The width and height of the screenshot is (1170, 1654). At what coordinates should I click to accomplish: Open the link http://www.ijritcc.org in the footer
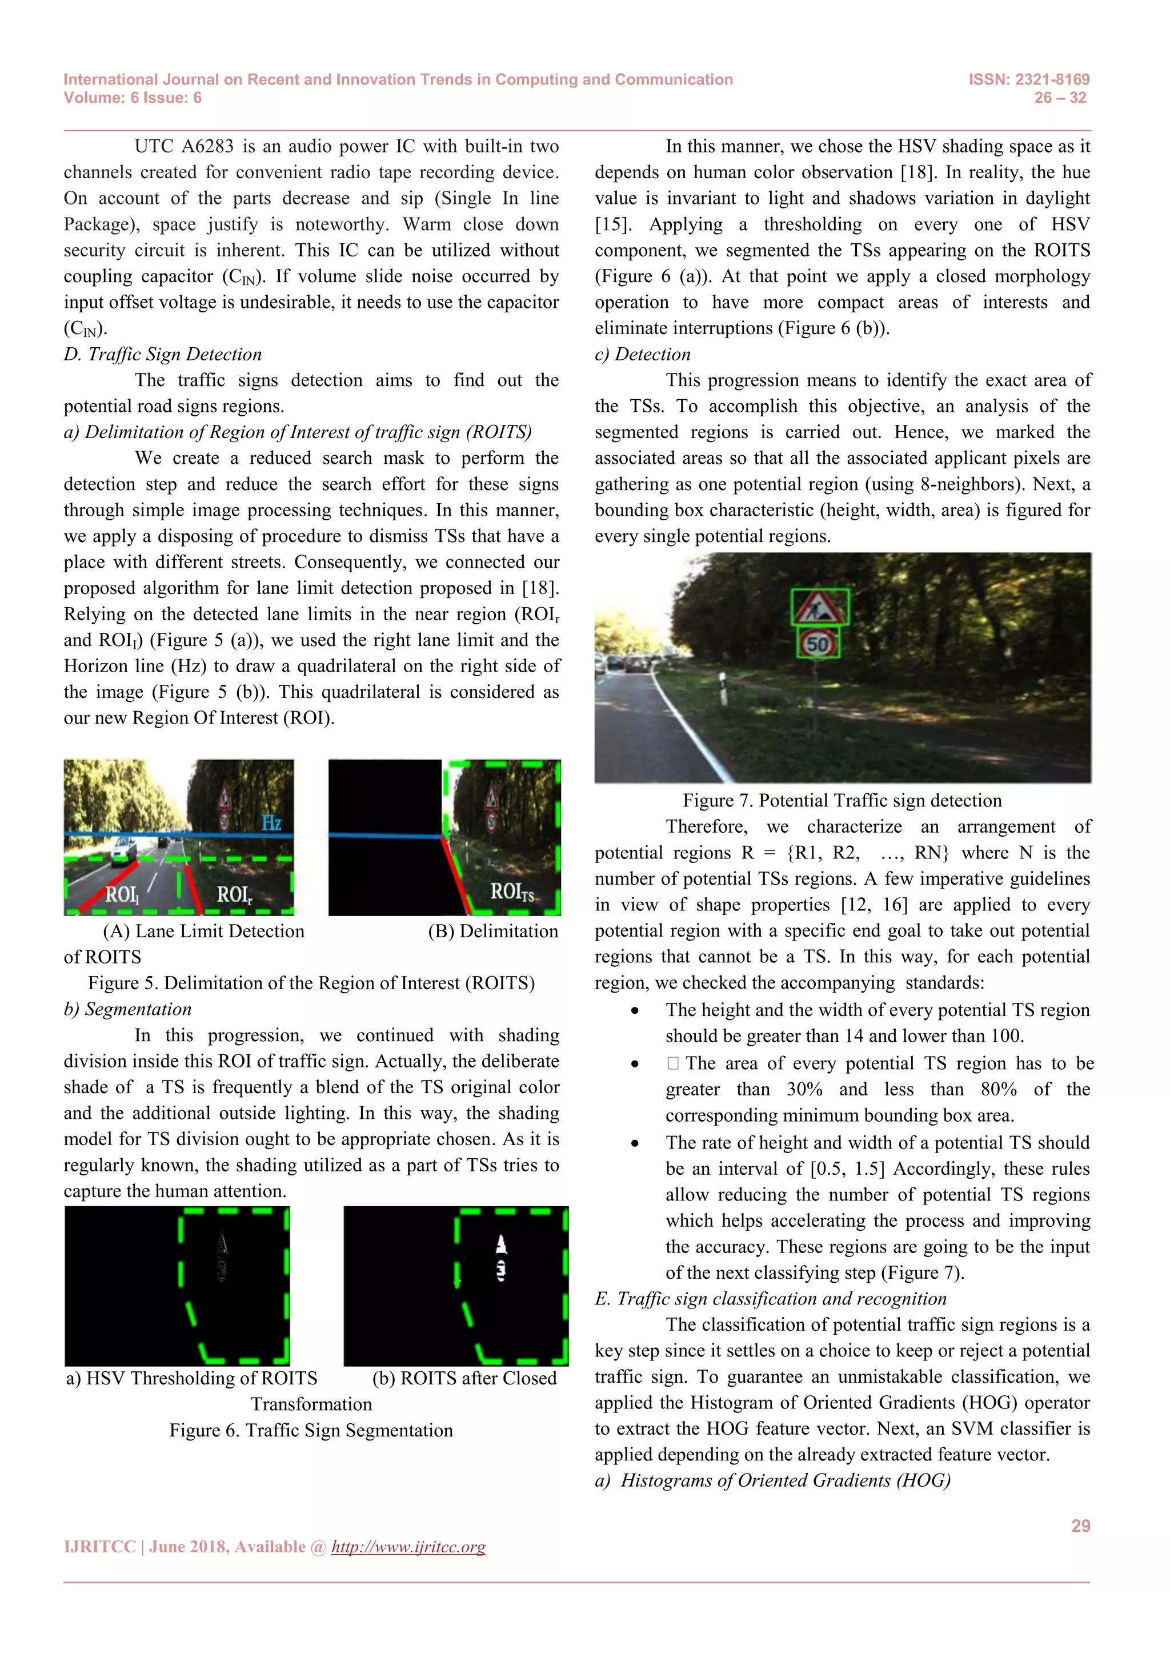[x=408, y=1547]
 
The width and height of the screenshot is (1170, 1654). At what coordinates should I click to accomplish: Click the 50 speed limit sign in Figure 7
[x=818, y=643]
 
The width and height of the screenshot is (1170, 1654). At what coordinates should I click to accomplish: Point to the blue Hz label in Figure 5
[x=271, y=822]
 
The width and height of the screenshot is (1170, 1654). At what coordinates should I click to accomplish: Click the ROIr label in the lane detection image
[x=235, y=895]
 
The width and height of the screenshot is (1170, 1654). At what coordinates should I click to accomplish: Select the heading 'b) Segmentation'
[x=127, y=1009]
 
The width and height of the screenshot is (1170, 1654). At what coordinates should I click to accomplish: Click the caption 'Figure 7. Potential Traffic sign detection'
[x=842, y=800]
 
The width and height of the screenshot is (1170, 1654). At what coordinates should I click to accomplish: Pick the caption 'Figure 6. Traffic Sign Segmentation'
[x=311, y=1430]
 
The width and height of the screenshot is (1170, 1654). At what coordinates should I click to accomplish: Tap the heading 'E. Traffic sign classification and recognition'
[x=770, y=1298]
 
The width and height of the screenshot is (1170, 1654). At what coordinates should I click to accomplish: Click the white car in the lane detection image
[x=124, y=850]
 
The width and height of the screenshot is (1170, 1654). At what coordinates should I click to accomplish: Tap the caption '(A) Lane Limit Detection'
[x=204, y=931]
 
